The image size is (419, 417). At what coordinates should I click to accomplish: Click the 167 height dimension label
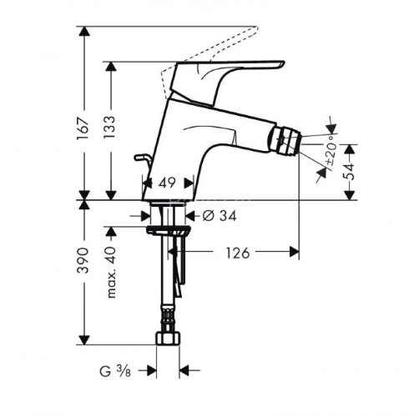pyautogui.click(x=83, y=128)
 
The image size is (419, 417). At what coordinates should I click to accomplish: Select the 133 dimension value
pyautogui.click(x=109, y=128)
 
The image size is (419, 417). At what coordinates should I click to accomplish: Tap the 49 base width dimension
pyautogui.click(x=168, y=183)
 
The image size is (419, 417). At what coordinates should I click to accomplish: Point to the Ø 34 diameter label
pyautogui.click(x=220, y=215)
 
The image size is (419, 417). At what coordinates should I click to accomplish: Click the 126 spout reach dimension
pyautogui.click(x=238, y=253)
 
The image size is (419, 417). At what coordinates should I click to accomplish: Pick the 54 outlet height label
pyautogui.click(x=349, y=172)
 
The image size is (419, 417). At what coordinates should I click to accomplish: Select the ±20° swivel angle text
pyautogui.click(x=331, y=152)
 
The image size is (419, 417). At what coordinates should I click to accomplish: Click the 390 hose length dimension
pyautogui.click(x=83, y=260)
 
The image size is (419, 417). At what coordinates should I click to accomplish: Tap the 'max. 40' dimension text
pyautogui.click(x=111, y=272)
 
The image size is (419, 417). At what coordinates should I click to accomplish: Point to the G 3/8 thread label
pyautogui.click(x=115, y=371)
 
